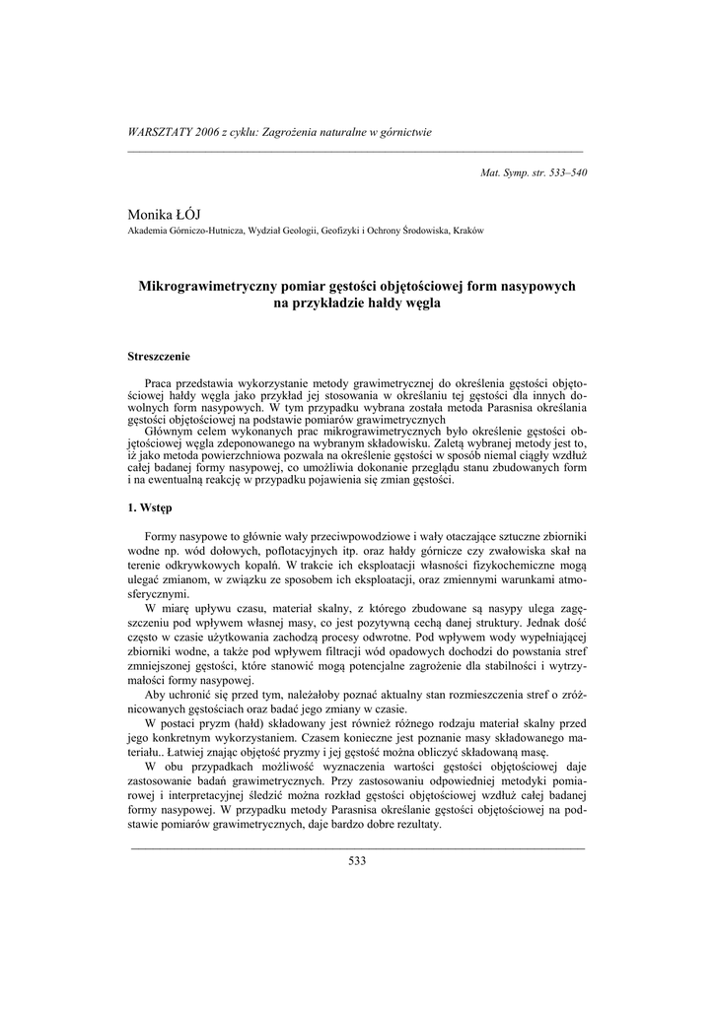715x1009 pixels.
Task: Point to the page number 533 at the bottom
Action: (x=357, y=861)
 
